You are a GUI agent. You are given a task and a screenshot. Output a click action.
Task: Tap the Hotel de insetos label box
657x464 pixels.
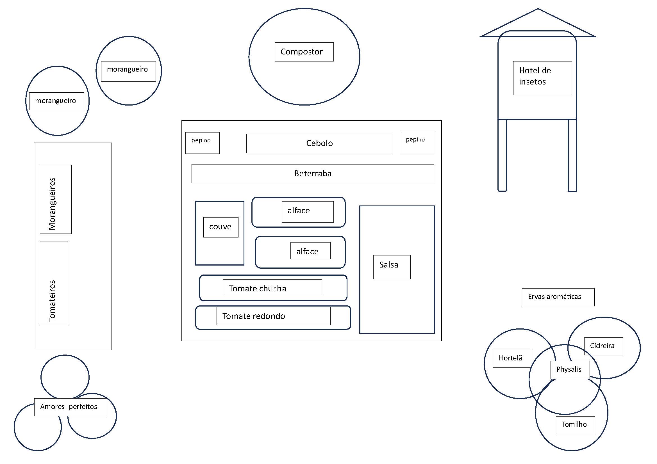click(543, 78)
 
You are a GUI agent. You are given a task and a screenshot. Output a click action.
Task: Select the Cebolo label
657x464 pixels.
click(319, 143)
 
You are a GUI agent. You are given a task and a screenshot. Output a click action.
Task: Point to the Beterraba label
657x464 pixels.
click(313, 173)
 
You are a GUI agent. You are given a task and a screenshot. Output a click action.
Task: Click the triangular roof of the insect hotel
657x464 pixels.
click(538, 22)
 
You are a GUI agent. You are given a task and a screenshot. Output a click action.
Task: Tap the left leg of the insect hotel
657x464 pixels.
click(502, 155)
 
